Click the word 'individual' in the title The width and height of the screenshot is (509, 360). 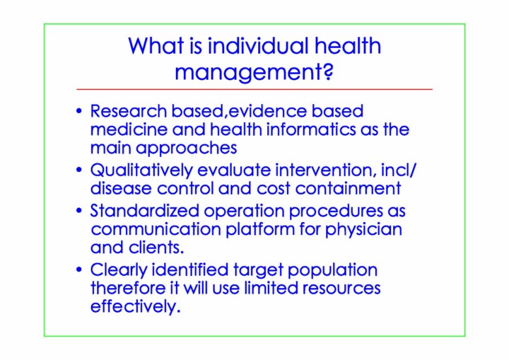click(258, 45)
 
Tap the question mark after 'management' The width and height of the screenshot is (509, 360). click(329, 71)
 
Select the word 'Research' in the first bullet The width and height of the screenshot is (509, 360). click(128, 111)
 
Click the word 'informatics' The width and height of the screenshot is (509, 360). click(310, 129)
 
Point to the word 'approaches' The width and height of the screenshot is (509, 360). click(187, 148)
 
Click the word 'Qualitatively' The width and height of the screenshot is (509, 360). click(141, 170)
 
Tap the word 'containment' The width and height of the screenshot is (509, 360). click(348, 188)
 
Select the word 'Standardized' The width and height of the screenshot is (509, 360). click(144, 211)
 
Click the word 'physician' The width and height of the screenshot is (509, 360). click(363, 230)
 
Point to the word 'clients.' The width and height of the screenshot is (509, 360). click(156, 248)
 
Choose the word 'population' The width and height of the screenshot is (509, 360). click(332, 270)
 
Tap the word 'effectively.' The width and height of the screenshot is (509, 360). click(135, 306)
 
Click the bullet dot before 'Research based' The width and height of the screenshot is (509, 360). click(79, 111)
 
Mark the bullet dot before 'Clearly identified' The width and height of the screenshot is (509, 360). click(79, 269)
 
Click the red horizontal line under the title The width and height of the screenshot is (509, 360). click(255, 88)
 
